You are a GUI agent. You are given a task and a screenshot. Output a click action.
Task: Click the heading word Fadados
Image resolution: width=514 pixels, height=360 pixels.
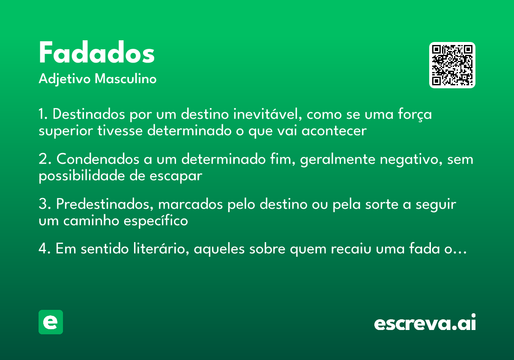(96, 53)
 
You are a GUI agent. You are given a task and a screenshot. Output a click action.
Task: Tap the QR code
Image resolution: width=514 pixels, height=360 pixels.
(452, 65)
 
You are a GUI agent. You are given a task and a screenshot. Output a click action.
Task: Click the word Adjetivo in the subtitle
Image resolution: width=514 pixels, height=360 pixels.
(64, 79)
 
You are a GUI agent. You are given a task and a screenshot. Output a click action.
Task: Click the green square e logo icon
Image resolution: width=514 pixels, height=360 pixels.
(51, 322)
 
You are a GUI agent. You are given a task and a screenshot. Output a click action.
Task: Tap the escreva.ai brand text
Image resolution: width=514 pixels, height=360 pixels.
(425, 324)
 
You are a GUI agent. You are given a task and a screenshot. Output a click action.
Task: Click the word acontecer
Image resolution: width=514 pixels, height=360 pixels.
(334, 131)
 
